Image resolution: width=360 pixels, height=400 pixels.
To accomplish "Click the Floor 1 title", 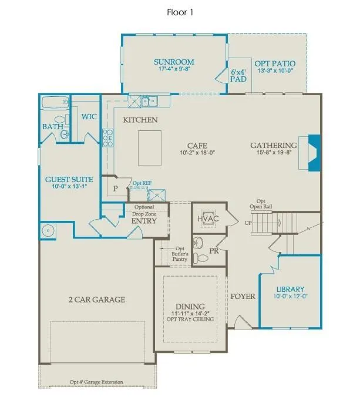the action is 180,12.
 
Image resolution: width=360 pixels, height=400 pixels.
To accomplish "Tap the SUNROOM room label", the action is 174,62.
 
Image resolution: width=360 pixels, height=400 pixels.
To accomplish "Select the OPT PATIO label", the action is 275,63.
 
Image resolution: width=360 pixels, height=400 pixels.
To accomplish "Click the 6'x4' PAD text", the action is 238,76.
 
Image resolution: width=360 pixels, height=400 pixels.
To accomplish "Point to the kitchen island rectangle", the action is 150,148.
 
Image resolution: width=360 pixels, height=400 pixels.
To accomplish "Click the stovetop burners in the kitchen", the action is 108,138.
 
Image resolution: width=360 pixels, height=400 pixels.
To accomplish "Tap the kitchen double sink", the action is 150,101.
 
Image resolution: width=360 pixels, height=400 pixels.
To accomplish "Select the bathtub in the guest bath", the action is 55,103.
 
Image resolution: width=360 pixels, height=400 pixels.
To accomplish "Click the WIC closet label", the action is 89,117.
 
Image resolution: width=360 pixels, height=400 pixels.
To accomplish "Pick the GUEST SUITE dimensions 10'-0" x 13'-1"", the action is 69,186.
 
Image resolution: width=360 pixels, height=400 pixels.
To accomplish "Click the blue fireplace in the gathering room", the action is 314,153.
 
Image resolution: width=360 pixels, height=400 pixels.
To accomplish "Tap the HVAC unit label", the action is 208,219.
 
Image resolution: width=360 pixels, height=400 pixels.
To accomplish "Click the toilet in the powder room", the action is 200,258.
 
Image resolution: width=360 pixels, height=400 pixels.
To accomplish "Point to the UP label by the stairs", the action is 248,223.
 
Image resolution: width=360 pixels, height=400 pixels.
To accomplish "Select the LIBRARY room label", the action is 290,290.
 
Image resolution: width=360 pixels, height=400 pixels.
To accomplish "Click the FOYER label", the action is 243,297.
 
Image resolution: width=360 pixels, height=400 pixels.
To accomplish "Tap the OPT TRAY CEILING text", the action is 190,319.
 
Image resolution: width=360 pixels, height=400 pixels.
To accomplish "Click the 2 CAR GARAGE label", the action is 97,300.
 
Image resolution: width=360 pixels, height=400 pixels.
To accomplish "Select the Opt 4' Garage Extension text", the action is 96,382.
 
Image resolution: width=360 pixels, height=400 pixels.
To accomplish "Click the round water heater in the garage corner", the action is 48,231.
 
